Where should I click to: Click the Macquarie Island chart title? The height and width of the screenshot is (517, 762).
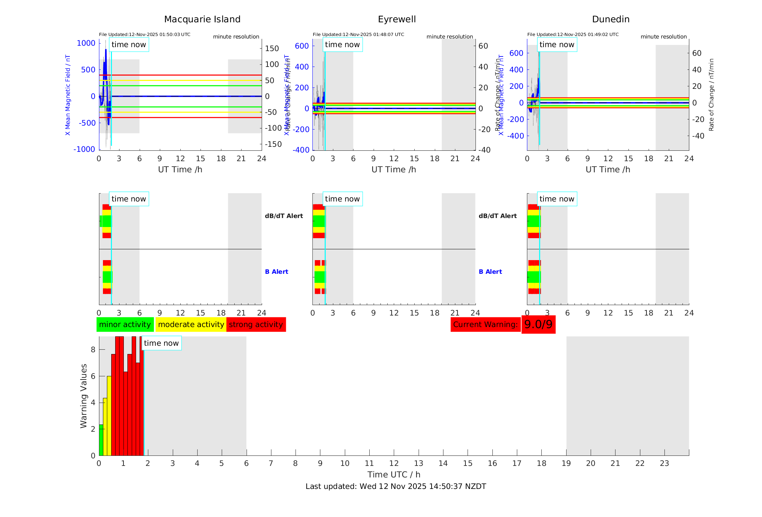pyautogui.click(x=202, y=19)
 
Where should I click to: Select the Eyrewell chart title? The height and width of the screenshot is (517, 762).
pyautogui.click(x=397, y=19)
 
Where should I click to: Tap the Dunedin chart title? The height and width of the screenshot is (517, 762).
pyautogui.click(x=610, y=19)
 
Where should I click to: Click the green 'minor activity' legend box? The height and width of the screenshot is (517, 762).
pyautogui.click(x=125, y=325)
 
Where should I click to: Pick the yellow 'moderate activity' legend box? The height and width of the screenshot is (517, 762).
pyautogui.click(x=191, y=325)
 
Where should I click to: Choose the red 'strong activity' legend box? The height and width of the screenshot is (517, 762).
pyautogui.click(x=256, y=325)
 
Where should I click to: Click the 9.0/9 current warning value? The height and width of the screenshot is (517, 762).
pyautogui.click(x=538, y=325)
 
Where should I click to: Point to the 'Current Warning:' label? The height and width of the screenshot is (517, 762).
pyautogui.click(x=485, y=325)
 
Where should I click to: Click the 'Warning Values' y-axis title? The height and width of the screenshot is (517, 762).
pyautogui.click(x=84, y=396)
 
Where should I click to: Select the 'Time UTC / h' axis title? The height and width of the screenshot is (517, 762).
pyautogui.click(x=394, y=475)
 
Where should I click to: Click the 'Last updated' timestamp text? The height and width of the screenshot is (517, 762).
pyautogui.click(x=396, y=486)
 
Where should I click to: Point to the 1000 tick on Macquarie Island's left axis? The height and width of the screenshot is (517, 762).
pyautogui.click(x=86, y=43)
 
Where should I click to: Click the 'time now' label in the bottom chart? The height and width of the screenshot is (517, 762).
pyautogui.click(x=161, y=343)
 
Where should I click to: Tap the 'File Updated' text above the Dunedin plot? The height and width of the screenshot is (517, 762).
pyautogui.click(x=573, y=35)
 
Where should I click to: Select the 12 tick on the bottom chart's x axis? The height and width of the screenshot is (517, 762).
pyautogui.click(x=394, y=463)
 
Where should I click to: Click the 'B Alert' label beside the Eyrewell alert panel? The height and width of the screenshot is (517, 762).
pyautogui.click(x=490, y=272)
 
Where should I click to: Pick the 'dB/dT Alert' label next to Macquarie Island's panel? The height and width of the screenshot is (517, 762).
pyautogui.click(x=284, y=216)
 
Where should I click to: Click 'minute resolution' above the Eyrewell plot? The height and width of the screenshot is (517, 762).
pyautogui.click(x=450, y=37)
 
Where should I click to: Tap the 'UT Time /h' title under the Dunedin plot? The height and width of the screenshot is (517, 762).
pyautogui.click(x=608, y=169)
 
